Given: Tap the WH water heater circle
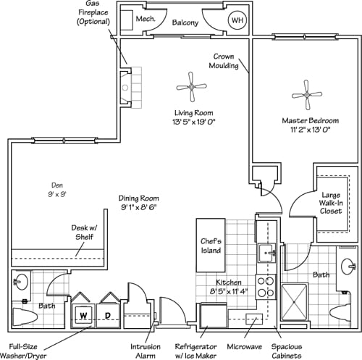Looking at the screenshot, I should pos(237,21).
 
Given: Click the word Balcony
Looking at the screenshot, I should pos(185,23).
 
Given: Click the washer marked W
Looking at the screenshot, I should pos(83,316).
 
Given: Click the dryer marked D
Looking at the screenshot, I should pos(108,316).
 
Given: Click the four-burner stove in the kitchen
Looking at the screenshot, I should pos(266,287).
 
